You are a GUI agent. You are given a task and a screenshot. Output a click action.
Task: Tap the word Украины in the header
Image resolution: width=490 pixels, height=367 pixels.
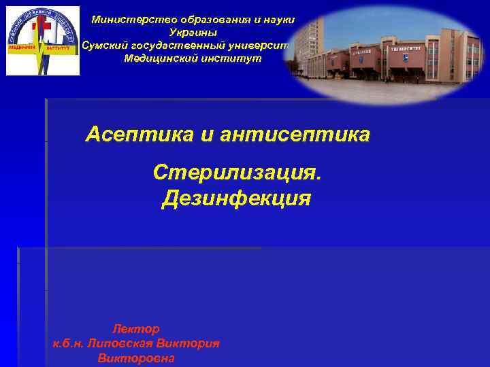click(193, 33)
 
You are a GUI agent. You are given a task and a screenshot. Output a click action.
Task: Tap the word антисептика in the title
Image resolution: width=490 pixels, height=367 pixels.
click(296, 135)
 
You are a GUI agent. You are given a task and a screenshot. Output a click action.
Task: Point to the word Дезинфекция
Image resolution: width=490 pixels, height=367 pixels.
click(236, 198)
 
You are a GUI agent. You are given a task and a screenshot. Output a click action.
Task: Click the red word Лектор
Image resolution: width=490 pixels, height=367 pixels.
click(135, 329)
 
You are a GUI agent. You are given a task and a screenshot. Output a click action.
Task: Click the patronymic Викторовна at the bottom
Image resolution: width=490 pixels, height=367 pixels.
click(136, 357)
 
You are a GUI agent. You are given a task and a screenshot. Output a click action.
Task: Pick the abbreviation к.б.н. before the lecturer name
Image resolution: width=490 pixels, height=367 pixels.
click(68, 343)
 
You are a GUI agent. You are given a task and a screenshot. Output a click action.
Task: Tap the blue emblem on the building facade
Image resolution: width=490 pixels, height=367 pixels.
click(405, 58)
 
